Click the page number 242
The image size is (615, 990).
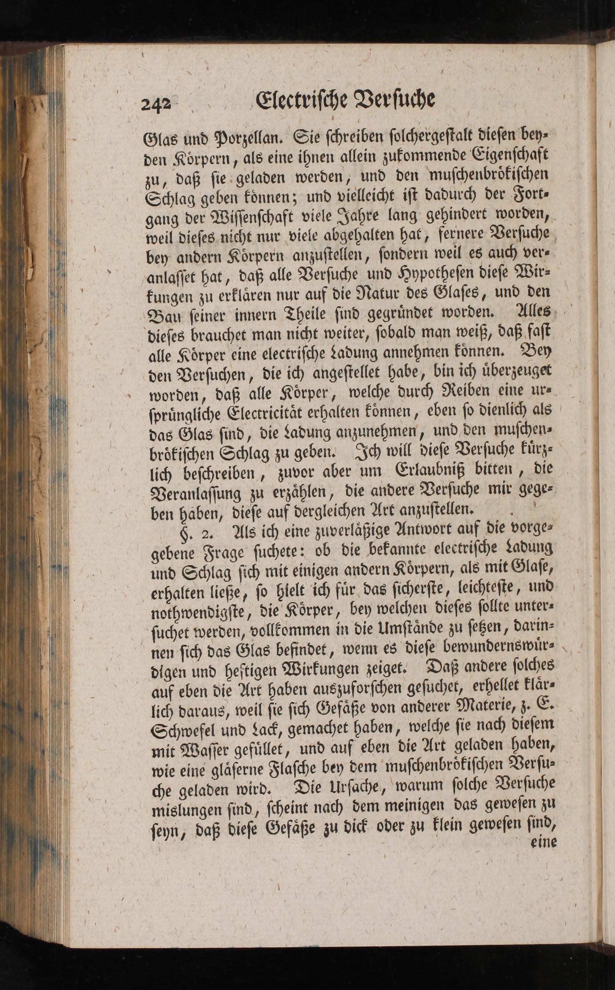(x=157, y=104)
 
